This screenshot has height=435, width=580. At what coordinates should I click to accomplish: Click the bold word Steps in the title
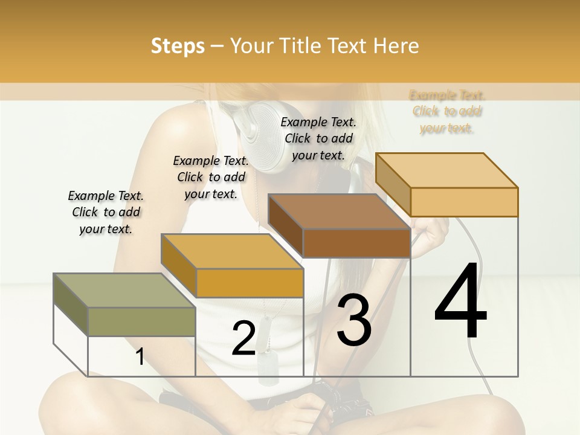(x=178, y=46)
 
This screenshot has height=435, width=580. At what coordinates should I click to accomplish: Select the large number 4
(x=460, y=302)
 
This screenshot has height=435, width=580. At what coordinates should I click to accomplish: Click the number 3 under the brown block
(x=354, y=320)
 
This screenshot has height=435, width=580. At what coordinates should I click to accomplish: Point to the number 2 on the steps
(x=243, y=338)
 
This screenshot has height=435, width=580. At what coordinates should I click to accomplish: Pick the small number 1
(x=140, y=356)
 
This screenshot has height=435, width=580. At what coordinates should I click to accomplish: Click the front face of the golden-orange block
(x=250, y=283)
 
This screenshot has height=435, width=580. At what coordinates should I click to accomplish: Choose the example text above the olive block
(x=106, y=212)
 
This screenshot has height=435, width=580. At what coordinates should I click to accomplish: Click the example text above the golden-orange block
(x=211, y=177)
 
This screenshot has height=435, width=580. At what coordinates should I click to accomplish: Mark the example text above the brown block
(x=318, y=138)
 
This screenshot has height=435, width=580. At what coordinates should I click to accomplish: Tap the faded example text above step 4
(x=447, y=111)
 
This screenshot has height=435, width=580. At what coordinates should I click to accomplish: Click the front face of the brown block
(x=356, y=243)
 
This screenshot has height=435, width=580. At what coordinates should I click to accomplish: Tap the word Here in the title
(x=396, y=46)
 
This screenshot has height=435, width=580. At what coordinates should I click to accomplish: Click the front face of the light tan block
(x=463, y=202)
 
